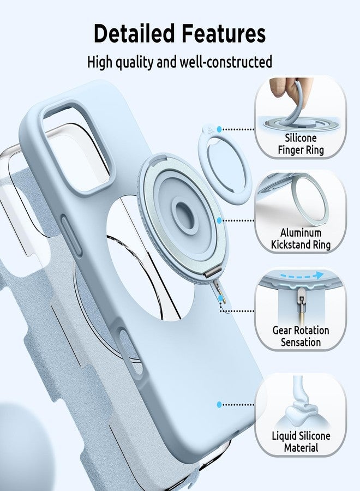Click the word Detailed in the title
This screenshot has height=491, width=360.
point(134,33)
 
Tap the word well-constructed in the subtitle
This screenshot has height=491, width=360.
point(226,62)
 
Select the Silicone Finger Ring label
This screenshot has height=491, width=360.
point(301,143)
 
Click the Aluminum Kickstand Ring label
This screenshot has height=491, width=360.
point(301,238)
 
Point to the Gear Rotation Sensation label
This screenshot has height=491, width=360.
point(301,336)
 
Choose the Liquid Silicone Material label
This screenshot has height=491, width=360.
point(301,441)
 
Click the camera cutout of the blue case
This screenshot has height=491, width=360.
point(76,146)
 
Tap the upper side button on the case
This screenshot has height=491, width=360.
point(71,235)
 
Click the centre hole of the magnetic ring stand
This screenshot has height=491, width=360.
point(183,213)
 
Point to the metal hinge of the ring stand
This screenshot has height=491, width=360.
point(210,274)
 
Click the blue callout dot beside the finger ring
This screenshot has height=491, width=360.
point(219,129)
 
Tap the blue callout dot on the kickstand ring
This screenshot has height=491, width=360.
point(219,220)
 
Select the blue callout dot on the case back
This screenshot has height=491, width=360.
point(219,405)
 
